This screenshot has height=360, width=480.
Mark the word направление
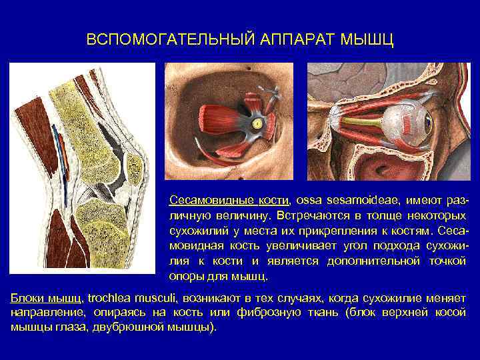click(46, 312)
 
